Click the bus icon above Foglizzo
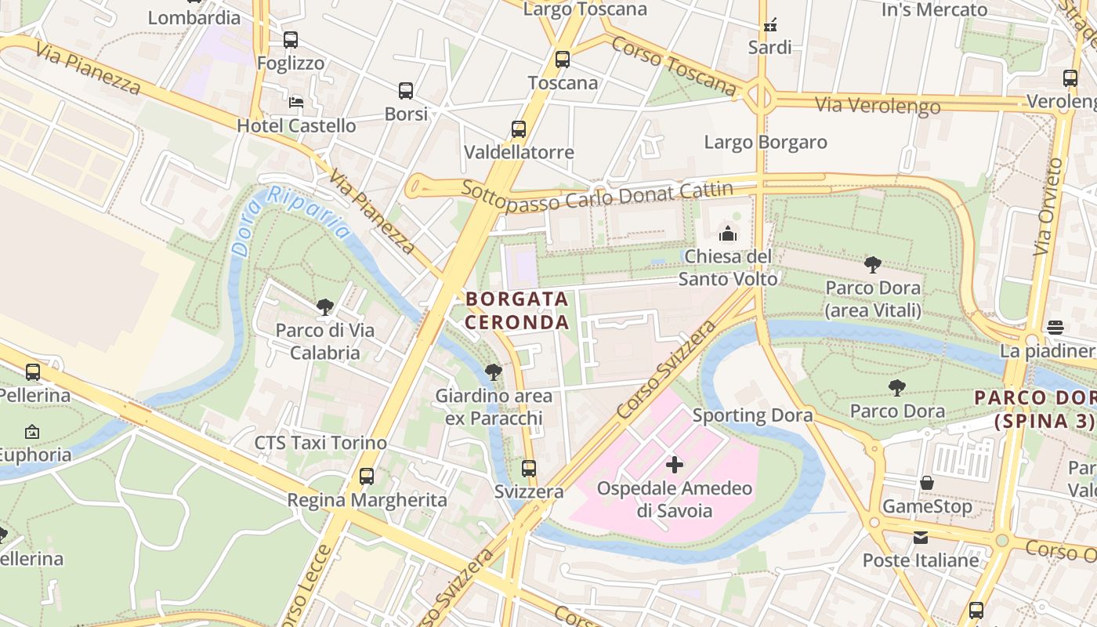pos(291,39)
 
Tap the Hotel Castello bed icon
pos(296,102)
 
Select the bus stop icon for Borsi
pos(406,91)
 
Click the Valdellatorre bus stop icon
pos(519,129)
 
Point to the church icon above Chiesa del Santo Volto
pos(728,234)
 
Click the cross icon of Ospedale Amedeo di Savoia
pos(674,465)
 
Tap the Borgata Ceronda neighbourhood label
pos(517,310)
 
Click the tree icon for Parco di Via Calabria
pos(325,307)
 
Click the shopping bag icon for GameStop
pos(927,483)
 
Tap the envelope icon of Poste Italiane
pos(921,537)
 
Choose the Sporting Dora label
pos(752,415)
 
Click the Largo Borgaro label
pos(765,143)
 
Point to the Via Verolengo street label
pos(878,105)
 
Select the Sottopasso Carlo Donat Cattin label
pos(597,196)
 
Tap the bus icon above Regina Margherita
pos(367,476)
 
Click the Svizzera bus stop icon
pos(529,469)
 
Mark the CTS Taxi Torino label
pos(320,443)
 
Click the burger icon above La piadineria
pos(1055,327)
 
